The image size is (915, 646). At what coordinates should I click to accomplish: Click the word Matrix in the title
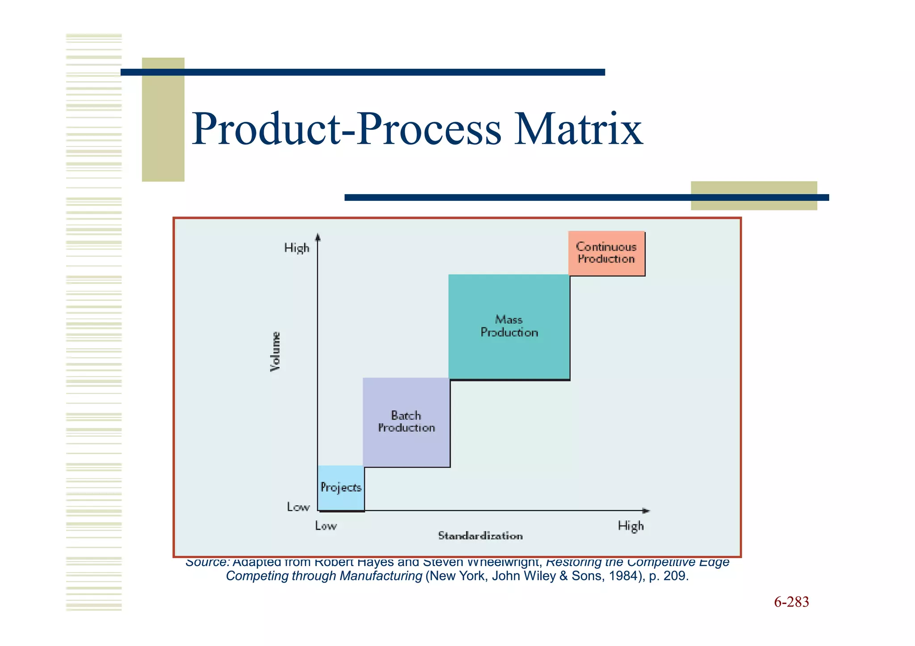(x=578, y=129)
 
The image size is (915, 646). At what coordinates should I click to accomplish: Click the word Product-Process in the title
(x=347, y=129)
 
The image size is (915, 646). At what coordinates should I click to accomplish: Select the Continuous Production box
(x=606, y=253)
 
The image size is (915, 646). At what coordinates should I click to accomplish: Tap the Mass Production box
(x=509, y=326)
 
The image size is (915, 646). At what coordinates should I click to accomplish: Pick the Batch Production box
(x=406, y=422)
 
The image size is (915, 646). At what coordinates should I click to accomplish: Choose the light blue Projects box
(x=341, y=488)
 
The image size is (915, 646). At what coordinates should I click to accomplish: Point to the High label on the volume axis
(x=297, y=248)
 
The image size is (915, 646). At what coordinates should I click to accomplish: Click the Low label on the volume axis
(x=298, y=507)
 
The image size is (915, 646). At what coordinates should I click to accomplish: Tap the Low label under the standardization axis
(x=326, y=526)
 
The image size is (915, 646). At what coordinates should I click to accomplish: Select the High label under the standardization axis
(x=630, y=526)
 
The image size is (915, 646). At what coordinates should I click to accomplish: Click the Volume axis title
(x=276, y=351)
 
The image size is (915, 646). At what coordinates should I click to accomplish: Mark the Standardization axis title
(x=480, y=536)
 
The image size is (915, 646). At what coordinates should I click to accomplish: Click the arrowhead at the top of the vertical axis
(x=318, y=237)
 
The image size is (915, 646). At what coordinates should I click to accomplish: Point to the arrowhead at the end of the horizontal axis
(x=646, y=510)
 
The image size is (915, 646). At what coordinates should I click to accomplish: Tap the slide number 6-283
(x=791, y=602)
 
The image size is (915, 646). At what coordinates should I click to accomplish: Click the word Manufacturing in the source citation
(x=381, y=576)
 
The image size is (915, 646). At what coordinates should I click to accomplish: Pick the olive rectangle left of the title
(x=163, y=119)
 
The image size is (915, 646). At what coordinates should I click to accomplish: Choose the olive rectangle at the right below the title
(x=754, y=196)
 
